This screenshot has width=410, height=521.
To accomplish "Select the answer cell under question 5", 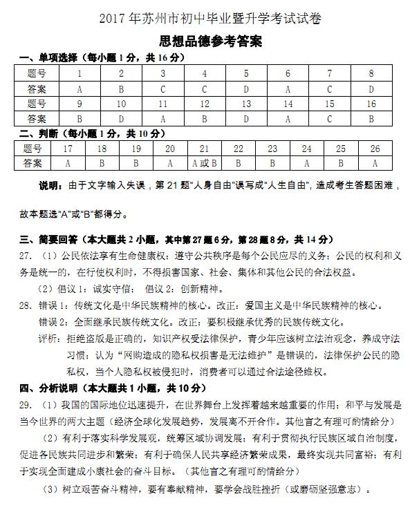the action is pos(245,88).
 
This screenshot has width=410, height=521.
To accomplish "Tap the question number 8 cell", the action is pos(371,73).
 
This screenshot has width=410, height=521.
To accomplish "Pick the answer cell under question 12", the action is pos(205,119).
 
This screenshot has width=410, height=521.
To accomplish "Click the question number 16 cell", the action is pos(371,104).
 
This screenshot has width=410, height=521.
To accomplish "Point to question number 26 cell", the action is pos(375,149).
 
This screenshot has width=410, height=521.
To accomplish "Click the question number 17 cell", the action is pos(68,149).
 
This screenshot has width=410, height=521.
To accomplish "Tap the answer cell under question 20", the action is pos(170,164).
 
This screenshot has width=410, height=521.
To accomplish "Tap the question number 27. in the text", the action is pos(26,256).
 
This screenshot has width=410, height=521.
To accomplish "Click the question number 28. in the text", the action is pos(26,305).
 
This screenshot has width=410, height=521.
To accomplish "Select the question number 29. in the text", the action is pos(26,404).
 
